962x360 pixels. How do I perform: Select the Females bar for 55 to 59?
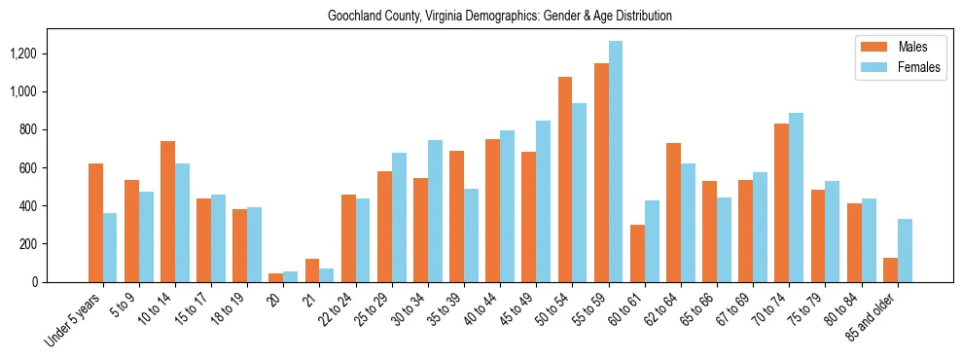[x=616, y=162]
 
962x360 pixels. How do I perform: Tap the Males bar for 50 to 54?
[x=565, y=179]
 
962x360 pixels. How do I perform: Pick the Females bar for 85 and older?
[x=905, y=250]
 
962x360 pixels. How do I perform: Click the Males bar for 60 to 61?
[x=637, y=253]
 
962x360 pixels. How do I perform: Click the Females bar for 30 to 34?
[x=435, y=211]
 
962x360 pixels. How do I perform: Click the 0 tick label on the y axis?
[x=62, y=282]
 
